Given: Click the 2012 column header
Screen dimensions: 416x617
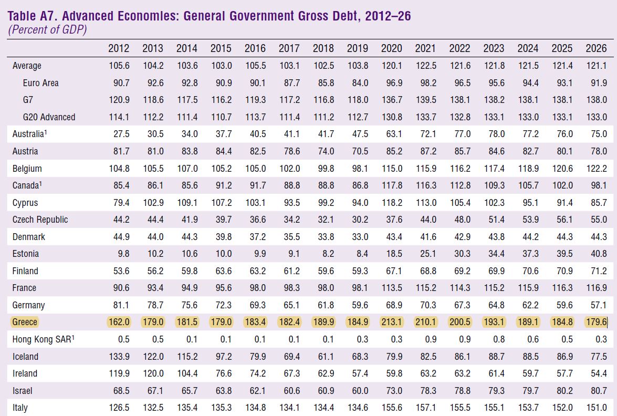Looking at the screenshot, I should click(x=119, y=48).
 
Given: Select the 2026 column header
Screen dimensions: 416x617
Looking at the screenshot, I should click(x=596, y=48).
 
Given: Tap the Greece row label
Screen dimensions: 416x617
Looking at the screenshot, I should click(x=25, y=322).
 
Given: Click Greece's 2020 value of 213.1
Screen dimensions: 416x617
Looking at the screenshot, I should click(x=391, y=322).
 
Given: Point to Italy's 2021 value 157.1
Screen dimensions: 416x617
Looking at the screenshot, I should click(x=425, y=408).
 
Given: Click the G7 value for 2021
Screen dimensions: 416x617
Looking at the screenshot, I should click(x=425, y=100).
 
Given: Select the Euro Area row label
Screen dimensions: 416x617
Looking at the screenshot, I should click(x=40, y=83).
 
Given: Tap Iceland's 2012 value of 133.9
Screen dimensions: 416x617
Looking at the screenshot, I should click(x=119, y=357).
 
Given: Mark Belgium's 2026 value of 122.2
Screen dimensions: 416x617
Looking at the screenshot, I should click(x=596, y=169).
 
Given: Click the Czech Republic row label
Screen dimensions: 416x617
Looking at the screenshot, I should click(x=40, y=220).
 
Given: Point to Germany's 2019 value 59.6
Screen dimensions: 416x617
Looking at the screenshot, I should click(x=360, y=305).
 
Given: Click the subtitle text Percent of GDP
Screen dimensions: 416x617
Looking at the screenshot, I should click(x=47, y=29).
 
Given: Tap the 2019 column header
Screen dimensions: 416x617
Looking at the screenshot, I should click(x=357, y=48).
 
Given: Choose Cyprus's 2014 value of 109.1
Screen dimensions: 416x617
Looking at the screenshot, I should click(x=187, y=203).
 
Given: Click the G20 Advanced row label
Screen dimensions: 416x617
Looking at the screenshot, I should click(x=49, y=117).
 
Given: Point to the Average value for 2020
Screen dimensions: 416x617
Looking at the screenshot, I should click(x=391, y=66).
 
